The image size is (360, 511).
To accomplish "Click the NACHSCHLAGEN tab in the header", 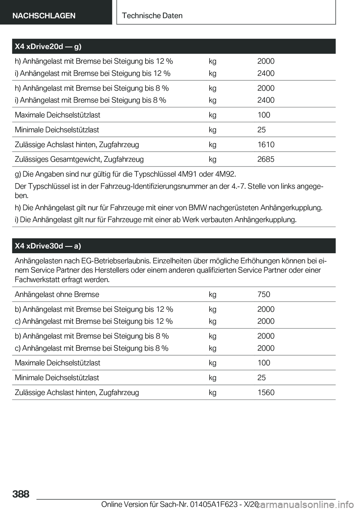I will point(44,16).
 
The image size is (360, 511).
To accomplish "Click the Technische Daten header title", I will point(152,16).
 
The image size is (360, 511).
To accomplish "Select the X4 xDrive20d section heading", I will point(48,47).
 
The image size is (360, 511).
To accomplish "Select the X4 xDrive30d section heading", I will point(48,246).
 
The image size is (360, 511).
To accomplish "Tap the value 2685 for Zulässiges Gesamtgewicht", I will point(265,159).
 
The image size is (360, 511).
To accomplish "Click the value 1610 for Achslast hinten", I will point(265,144).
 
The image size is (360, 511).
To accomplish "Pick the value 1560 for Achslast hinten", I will point(265,392).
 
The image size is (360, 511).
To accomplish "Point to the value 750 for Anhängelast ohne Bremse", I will point(264,295).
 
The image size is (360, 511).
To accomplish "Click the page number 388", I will point(21,494).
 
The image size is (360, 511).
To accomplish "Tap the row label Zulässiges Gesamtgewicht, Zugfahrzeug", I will point(79,159).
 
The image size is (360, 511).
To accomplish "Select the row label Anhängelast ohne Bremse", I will point(57,295).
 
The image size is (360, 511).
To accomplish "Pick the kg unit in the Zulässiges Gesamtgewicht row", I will point(213,159).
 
